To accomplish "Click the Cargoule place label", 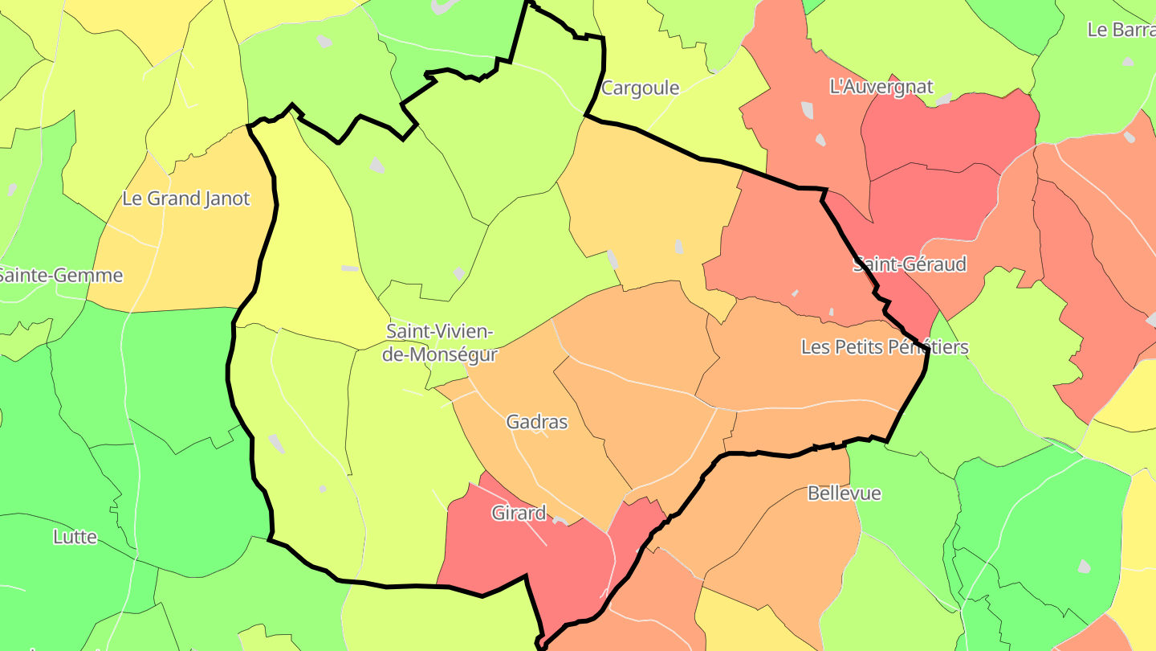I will [x=640, y=88].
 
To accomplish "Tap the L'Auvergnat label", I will [x=881, y=87].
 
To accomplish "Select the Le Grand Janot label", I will [x=186, y=199].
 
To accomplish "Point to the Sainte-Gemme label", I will [x=61, y=276].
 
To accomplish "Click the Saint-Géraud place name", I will [x=909, y=264].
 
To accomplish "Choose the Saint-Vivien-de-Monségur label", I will [x=440, y=342].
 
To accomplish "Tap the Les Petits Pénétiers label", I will [x=885, y=347].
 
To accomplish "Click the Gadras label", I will [x=537, y=422].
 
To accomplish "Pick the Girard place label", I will [x=519, y=513].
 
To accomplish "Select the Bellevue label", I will [x=844, y=493].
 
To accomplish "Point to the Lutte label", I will [x=75, y=537].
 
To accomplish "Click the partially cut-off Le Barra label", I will [x=1121, y=30].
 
